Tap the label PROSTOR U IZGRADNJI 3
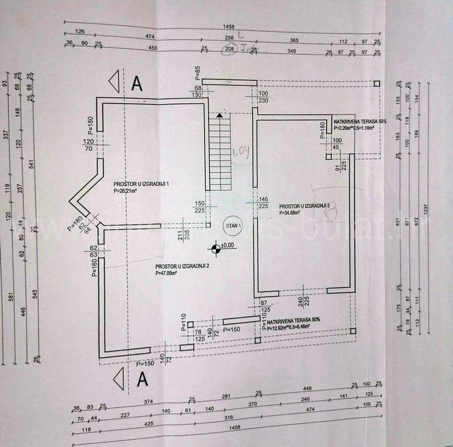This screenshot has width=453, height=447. point(305,206)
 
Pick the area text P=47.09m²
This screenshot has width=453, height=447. point(169,272)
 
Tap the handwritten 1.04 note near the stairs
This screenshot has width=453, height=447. point(240,152)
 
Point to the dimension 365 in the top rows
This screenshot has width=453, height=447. point(294,40)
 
